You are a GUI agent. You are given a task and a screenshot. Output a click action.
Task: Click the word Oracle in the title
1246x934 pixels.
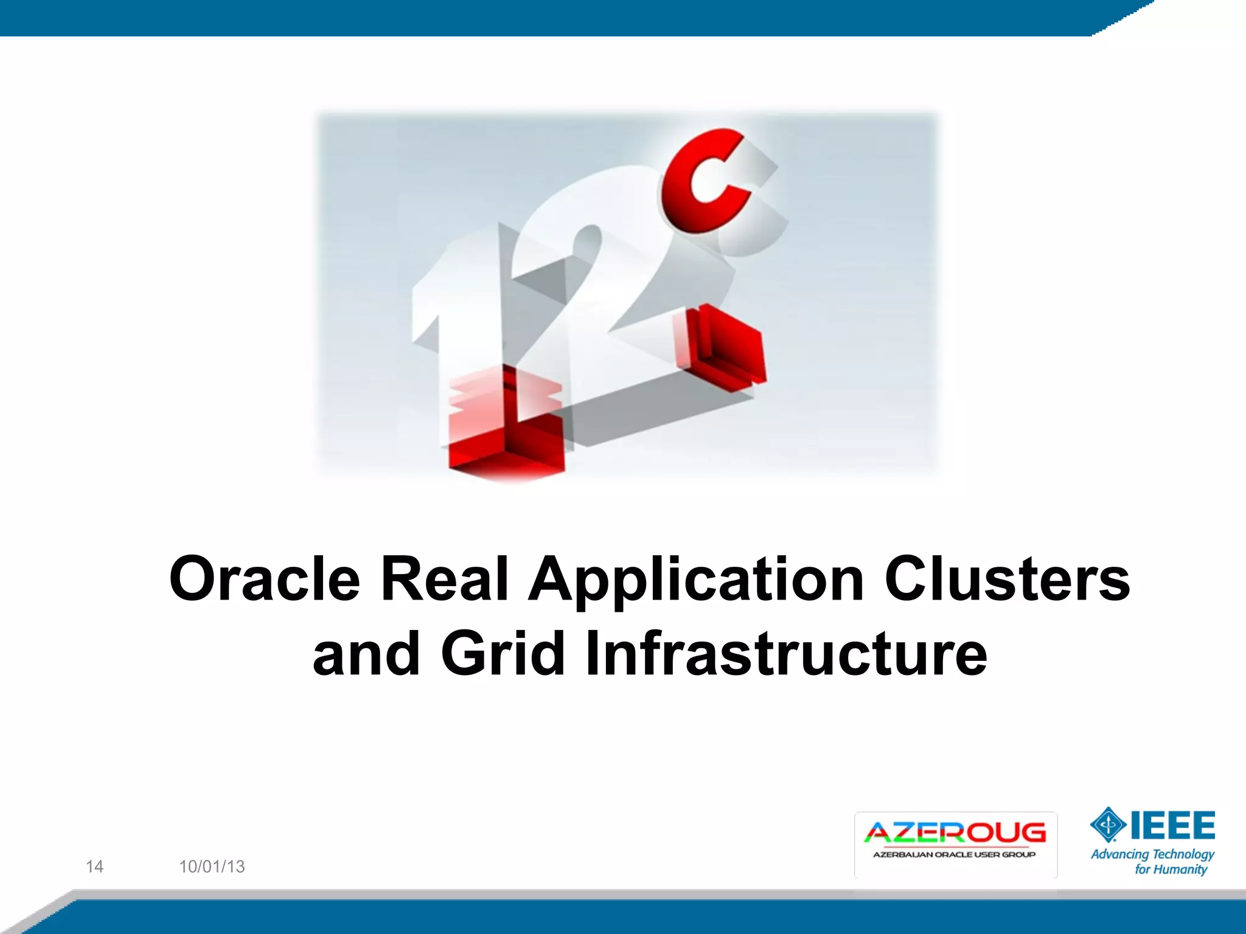[x=265, y=579]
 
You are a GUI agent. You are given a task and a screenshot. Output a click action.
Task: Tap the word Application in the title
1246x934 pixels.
[x=696, y=581]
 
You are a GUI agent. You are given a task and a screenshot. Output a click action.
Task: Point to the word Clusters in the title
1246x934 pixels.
[x=1007, y=579]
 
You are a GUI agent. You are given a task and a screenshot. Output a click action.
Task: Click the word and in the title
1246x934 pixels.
[x=366, y=654]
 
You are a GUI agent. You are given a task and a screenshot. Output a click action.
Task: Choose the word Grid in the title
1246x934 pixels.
[x=503, y=654]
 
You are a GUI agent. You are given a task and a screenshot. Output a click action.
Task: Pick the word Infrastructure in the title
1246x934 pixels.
[x=785, y=654]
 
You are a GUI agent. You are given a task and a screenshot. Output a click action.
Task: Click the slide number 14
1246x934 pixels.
[x=94, y=867]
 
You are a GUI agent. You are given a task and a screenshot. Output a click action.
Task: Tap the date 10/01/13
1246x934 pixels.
[x=212, y=867]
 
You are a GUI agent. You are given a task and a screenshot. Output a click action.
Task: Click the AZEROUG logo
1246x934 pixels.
[x=955, y=833]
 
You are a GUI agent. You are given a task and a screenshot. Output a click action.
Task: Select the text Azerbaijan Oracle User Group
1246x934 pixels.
[x=954, y=855]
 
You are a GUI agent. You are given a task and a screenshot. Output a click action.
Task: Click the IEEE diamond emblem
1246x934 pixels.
[x=1108, y=825]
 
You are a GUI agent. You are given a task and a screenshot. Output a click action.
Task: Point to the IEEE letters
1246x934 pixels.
[x=1172, y=825]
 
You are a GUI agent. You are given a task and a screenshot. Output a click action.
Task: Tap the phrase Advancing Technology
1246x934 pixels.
[x=1152, y=854]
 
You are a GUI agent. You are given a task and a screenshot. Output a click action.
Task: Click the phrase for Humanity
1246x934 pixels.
[x=1171, y=870]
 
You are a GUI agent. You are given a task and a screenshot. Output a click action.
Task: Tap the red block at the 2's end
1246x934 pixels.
[x=727, y=347]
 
